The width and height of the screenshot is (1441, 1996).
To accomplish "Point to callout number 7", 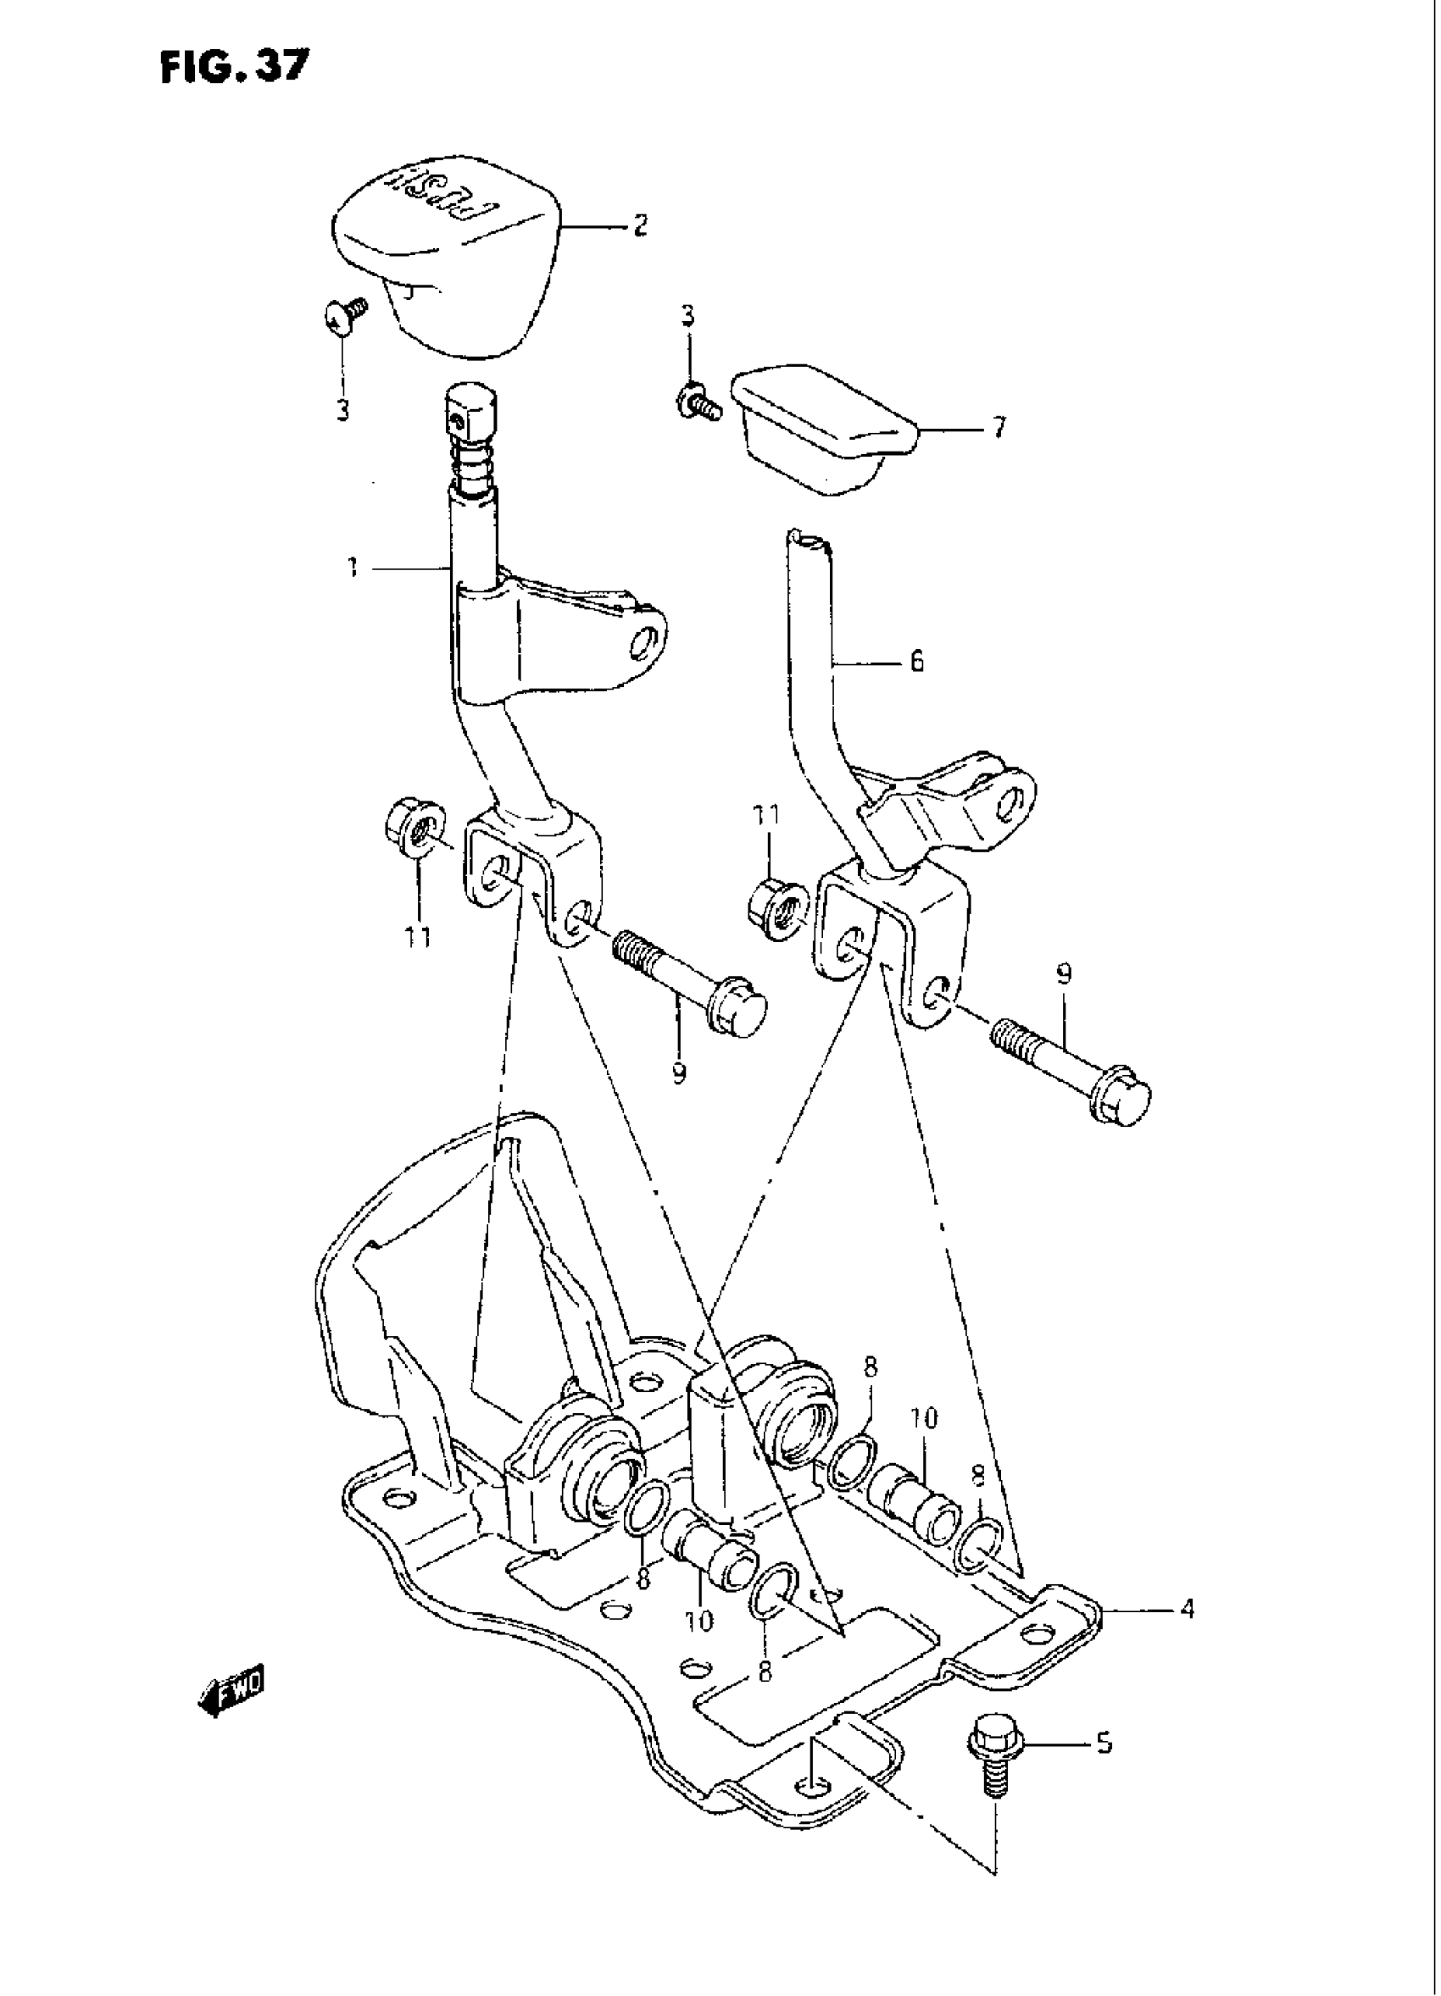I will (x=999, y=430).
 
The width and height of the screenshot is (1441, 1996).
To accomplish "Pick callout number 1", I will (x=352, y=568).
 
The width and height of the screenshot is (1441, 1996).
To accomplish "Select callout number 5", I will (x=1104, y=1744).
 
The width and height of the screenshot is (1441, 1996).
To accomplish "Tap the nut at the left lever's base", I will (x=411, y=829).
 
